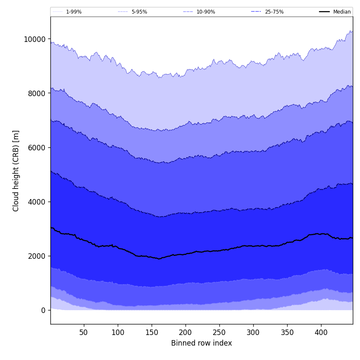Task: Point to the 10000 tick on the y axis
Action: coord(34,39)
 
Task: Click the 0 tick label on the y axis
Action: coord(43,310)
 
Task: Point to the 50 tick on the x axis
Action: coord(84,332)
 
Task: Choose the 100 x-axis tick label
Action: coord(118,332)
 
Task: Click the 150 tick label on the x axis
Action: coord(152,332)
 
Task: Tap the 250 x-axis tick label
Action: coord(219,332)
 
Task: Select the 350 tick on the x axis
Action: coord(287,332)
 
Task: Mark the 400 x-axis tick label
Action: coord(321,332)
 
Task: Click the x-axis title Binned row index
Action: coord(202,343)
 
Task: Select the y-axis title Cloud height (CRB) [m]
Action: coord(16,171)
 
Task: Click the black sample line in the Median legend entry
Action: coord(325,12)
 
